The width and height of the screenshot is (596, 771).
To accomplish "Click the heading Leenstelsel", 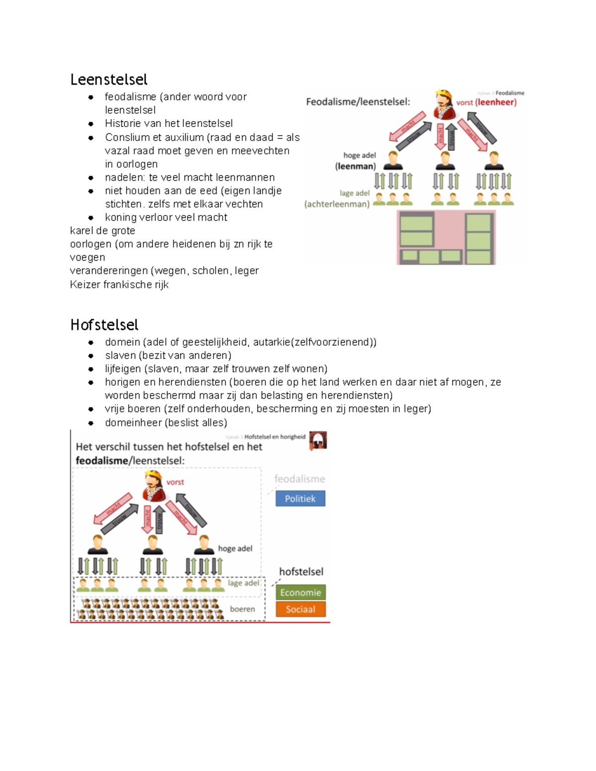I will [x=109, y=79].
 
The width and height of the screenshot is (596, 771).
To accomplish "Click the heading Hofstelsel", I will [x=104, y=325].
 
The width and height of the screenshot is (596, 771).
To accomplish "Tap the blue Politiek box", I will [x=300, y=498].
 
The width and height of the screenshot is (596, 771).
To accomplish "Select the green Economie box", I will [x=300, y=592].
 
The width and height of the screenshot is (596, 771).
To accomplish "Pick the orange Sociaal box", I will [x=300, y=609].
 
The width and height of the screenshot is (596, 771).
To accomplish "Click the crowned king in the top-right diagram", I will [x=445, y=104].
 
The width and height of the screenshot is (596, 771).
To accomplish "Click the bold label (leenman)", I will [x=355, y=166].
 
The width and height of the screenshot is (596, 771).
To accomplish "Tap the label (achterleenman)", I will [x=337, y=204].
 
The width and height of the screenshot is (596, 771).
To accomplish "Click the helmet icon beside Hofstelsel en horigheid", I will [x=318, y=440].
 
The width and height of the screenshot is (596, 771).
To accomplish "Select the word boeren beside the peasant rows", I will [x=242, y=609].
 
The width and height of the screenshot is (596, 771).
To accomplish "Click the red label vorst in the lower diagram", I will [x=175, y=482].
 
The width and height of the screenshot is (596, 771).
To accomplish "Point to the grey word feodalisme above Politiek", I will [x=299, y=479].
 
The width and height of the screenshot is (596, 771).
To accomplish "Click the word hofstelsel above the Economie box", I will [x=301, y=571].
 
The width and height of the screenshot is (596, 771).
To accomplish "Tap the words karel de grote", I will [x=102, y=230].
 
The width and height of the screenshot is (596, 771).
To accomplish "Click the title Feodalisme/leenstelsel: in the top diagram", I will [x=358, y=102].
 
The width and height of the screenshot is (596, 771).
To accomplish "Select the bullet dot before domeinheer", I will [x=91, y=423].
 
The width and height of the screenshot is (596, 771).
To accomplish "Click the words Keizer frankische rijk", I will [x=119, y=284].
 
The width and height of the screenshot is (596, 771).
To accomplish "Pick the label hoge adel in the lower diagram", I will [x=235, y=549].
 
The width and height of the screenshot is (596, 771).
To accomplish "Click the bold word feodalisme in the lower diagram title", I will [x=102, y=461].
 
